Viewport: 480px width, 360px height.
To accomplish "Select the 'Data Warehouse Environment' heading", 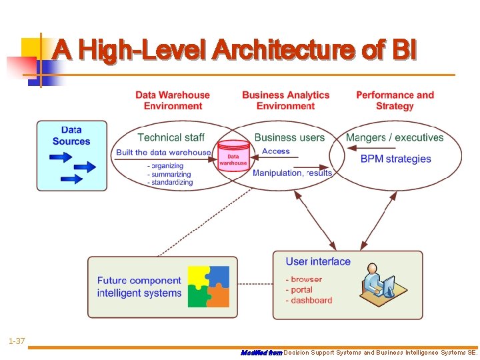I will pyautogui.click(x=173, y=101).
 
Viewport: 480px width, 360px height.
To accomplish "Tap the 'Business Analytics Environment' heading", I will pyautogui.click(x=285, y=101).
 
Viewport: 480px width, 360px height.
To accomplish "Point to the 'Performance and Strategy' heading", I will pyautogui.click(x=395, y=101).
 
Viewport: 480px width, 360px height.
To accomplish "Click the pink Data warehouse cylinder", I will pyautogui.click(x=233, y=157).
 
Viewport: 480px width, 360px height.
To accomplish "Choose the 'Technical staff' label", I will pyautogui.click(x=171, y=137).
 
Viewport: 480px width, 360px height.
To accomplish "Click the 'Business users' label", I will pyautogui.click(x=289, y=137).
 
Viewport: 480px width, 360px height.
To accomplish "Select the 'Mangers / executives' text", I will pyautogui.click(x=395, y=137).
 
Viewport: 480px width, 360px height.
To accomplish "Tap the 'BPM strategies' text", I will pyautogui.click(x=396, y=159).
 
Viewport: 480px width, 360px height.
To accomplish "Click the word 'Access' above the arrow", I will pyautogui.click(x=276, y=151).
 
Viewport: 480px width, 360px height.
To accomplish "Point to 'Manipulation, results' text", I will pyautogui.click(x=292, y=173).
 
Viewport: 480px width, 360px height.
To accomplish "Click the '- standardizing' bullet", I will pyautogui.click(x=170, y=182).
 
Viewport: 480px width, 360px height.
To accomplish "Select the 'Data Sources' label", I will pyautogui.click(x=71, y=136).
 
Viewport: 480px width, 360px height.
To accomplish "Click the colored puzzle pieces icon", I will pyautogui.click(x=209, y=287).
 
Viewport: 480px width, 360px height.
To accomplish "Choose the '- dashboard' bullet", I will pyautogui.click(x=309, y=301).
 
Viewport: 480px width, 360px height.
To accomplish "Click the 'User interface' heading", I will pyautogui.click(x=318, y=261).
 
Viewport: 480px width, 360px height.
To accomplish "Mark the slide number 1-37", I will pyautogui.click(x=17, y=341).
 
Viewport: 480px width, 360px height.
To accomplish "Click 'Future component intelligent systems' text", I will pyautogui.click(x=139, y=287).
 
